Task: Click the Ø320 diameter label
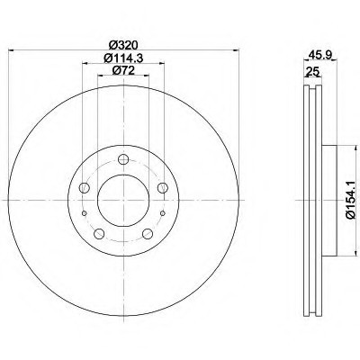click(x=123, y=45)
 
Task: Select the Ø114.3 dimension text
click(x=123, y=58)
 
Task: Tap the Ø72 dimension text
click(x=123, y=70)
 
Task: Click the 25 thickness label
click(x=311, y=72)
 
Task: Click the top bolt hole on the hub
click(x=123, y=159)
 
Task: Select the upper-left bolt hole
click(x=85, y=188)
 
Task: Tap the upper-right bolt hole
click(x=163, y=188)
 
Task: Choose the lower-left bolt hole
click(x=99, y=234)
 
